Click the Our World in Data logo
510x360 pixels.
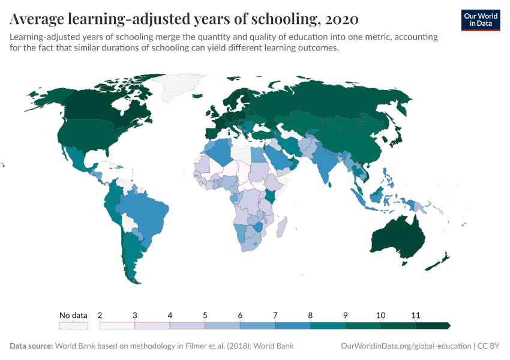(481, 20)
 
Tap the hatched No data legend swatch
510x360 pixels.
(73, 326)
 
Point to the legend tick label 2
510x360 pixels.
(100, 315)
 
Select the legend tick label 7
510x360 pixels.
(275, 315)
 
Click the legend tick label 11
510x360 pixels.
(415, 315)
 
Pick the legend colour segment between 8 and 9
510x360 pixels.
(328, 326)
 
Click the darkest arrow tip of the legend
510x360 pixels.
(448, 326)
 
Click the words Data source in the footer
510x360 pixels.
(31, 346)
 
